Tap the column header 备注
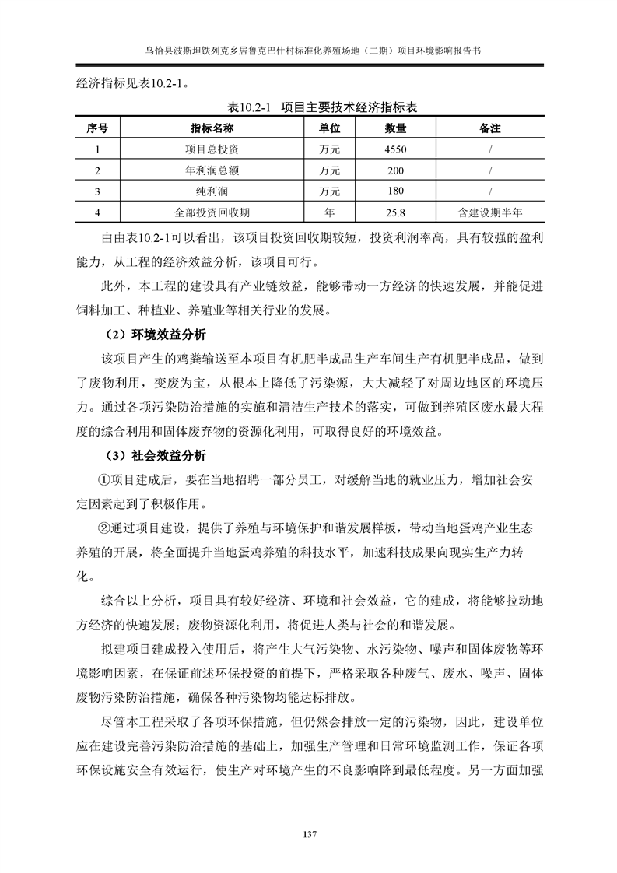489,128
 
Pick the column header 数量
396,128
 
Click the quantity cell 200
396,170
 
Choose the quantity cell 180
396,191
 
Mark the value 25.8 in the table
396,212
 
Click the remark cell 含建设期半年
489,212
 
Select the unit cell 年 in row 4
329,212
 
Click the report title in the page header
308,49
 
